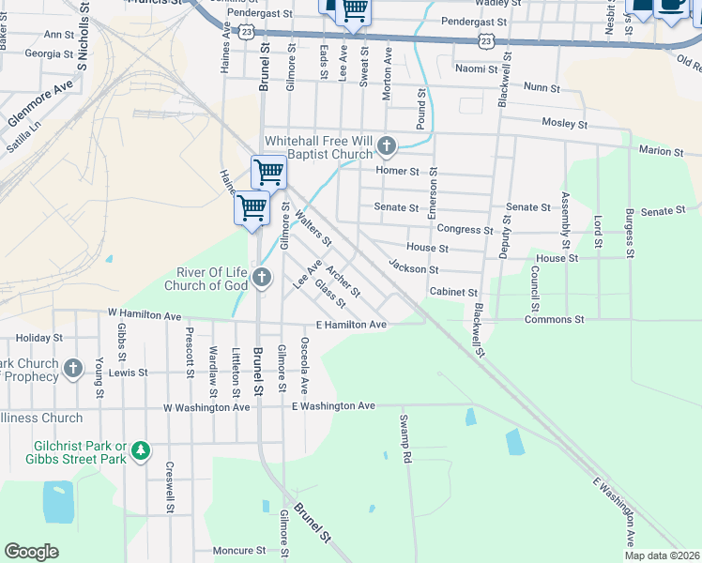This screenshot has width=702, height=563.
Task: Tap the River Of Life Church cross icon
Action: [x=262, y=277]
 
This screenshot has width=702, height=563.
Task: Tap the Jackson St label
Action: [x=414, y=269]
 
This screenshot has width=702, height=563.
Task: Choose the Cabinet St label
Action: [x=454, y=292]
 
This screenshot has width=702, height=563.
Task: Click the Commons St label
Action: [x=548, y=320]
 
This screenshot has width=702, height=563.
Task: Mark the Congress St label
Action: [x=465, y=229]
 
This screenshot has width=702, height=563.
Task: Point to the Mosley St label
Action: [x=564, y=124]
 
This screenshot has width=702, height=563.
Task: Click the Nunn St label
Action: [x=542, y=87]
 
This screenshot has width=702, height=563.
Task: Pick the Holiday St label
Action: [x=38, y=338]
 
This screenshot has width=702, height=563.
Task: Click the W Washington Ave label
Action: [x=206, y=408]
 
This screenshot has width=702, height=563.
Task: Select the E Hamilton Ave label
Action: [x=351, y=325]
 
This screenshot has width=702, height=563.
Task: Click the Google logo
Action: [x=32, y=552]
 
